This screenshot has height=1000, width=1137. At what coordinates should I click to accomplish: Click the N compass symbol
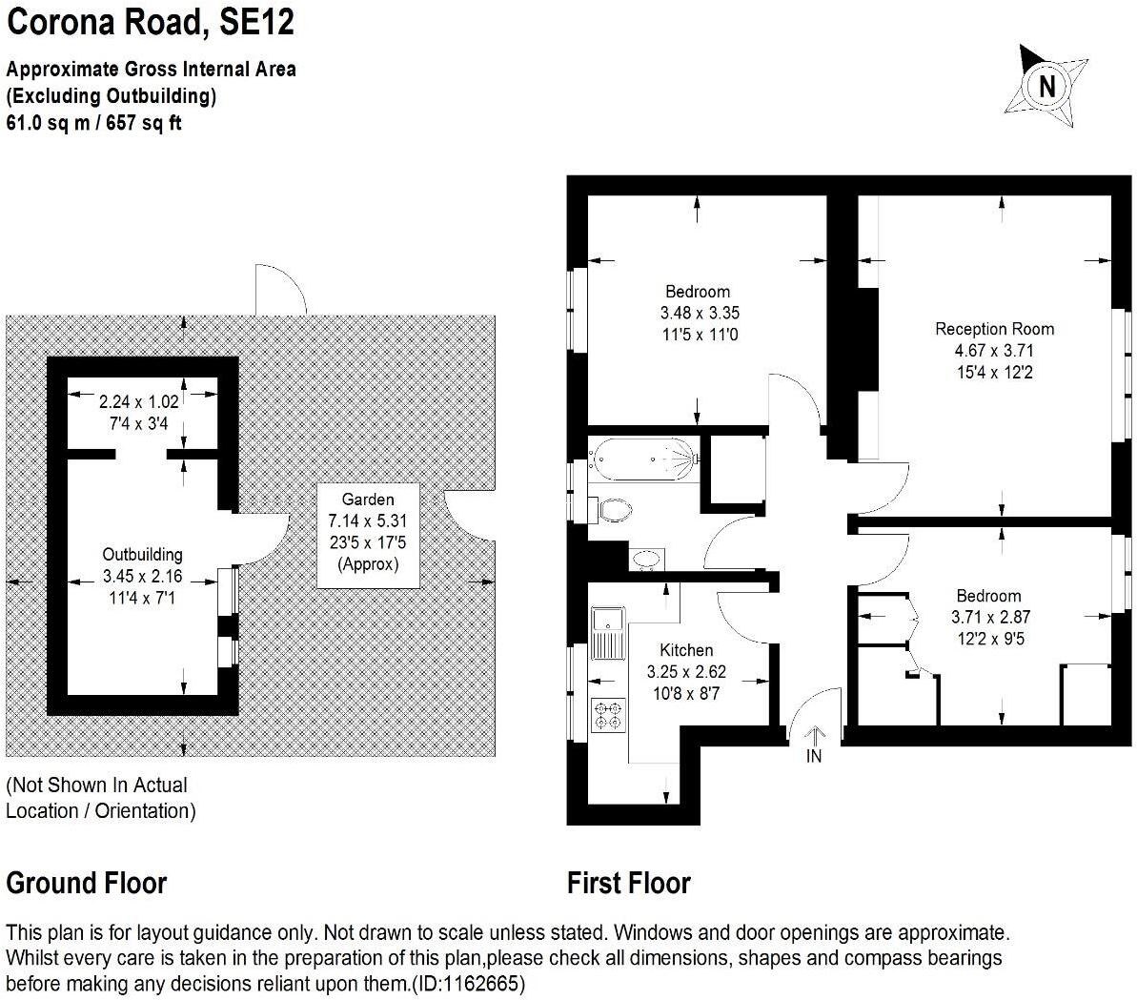coord(1046,87)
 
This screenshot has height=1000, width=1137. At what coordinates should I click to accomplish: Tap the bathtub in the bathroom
coord(643,459)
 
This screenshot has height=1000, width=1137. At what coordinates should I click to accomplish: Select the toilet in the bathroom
coord(611,509)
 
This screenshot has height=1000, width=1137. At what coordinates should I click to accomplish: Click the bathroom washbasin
coord(647,559)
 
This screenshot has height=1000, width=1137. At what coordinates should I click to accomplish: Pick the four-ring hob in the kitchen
coord(608,714)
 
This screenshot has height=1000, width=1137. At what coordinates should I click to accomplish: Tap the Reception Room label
coord(994,329)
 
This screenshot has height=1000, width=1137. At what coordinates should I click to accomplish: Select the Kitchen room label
coord(686,650)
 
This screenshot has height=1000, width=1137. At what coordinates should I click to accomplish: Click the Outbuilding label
coord(142,554)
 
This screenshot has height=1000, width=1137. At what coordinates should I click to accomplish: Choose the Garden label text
coord(368,499)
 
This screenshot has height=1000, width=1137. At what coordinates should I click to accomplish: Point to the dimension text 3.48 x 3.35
coord(699,313)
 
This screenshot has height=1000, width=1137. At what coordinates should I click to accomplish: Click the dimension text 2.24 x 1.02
coord(138,401)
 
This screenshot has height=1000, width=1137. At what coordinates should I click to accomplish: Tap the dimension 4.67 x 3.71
coord(993,350)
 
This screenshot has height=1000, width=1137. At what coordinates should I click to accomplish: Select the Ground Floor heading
coord(87,884)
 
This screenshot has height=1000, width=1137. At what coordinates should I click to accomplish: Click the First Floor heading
coord(629,884)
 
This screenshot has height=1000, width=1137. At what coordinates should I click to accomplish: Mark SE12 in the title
coord(256,22)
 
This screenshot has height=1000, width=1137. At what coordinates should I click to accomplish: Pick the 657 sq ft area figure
coord(144,123)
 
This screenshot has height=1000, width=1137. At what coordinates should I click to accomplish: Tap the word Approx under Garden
coord(369,564)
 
